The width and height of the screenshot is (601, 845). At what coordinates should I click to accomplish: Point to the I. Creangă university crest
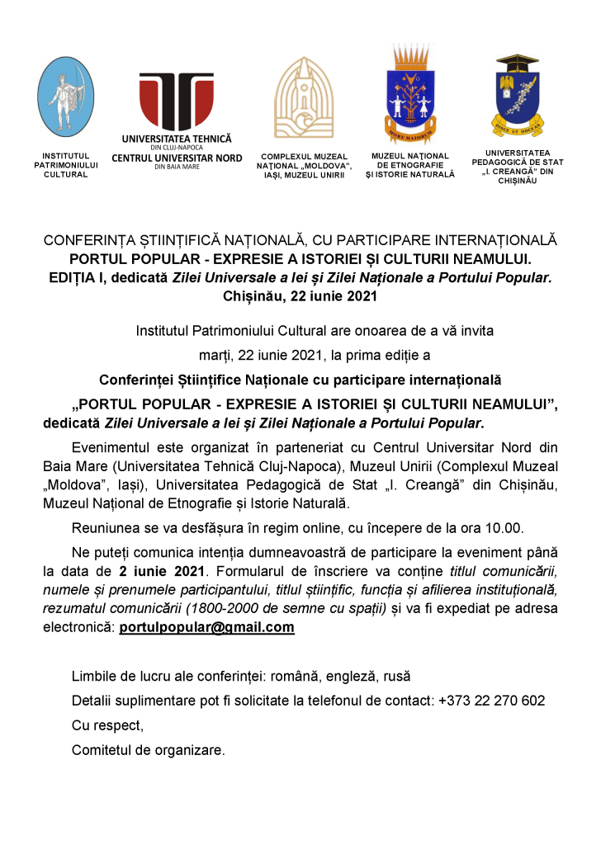click(517, 97)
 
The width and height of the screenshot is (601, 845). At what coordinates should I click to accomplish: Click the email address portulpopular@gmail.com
click(206, 627)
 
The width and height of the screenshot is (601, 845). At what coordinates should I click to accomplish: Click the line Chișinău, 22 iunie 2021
click(300, 295)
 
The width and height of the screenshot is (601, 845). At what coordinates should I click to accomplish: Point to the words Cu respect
click(107, 725)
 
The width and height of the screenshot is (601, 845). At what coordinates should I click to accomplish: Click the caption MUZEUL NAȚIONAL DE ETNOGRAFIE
click(409, 160)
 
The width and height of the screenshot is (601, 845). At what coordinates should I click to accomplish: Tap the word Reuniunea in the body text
click(106, 527)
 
